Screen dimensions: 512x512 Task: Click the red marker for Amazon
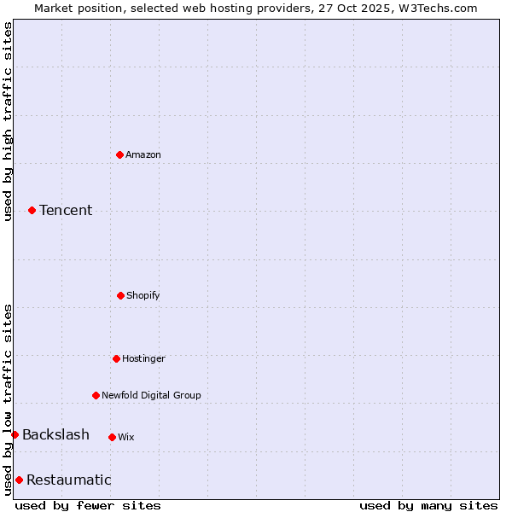click(x=119, y=154)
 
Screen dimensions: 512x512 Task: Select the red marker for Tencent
click(x=32, y=210)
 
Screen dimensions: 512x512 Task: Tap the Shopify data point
click(x=120, y=295)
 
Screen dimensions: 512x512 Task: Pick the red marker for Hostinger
click(x=116, y=358)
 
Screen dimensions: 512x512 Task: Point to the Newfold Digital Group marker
click(x=96, y=395)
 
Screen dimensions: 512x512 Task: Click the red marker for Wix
click(x=112, y=437)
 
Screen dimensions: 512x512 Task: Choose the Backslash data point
click(x=15, y=434)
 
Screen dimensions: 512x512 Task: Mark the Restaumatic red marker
click(x=19, y=480)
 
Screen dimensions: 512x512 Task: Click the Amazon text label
click(x=143, y=154)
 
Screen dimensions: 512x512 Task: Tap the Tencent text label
click(x=66, y=210)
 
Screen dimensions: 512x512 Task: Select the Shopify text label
click(x=143, y=295)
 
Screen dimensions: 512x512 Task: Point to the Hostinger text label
click(x=143, y=358)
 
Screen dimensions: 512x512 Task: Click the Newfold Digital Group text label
click(x=151, y=395)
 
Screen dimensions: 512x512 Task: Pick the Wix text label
click(x=126, y=437)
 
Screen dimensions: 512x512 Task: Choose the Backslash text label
click(x=55, y=435)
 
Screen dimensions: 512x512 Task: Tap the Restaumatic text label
click(x=68, y=480)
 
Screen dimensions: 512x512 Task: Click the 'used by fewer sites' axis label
click(x=88, y=505)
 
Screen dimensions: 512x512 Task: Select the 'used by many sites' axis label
click(x=428, y=505)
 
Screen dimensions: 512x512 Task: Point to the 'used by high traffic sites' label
click(x=8, y=121)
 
